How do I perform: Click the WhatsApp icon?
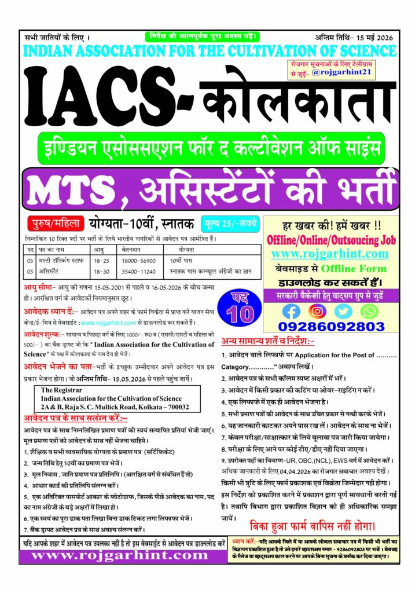point(369,311)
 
